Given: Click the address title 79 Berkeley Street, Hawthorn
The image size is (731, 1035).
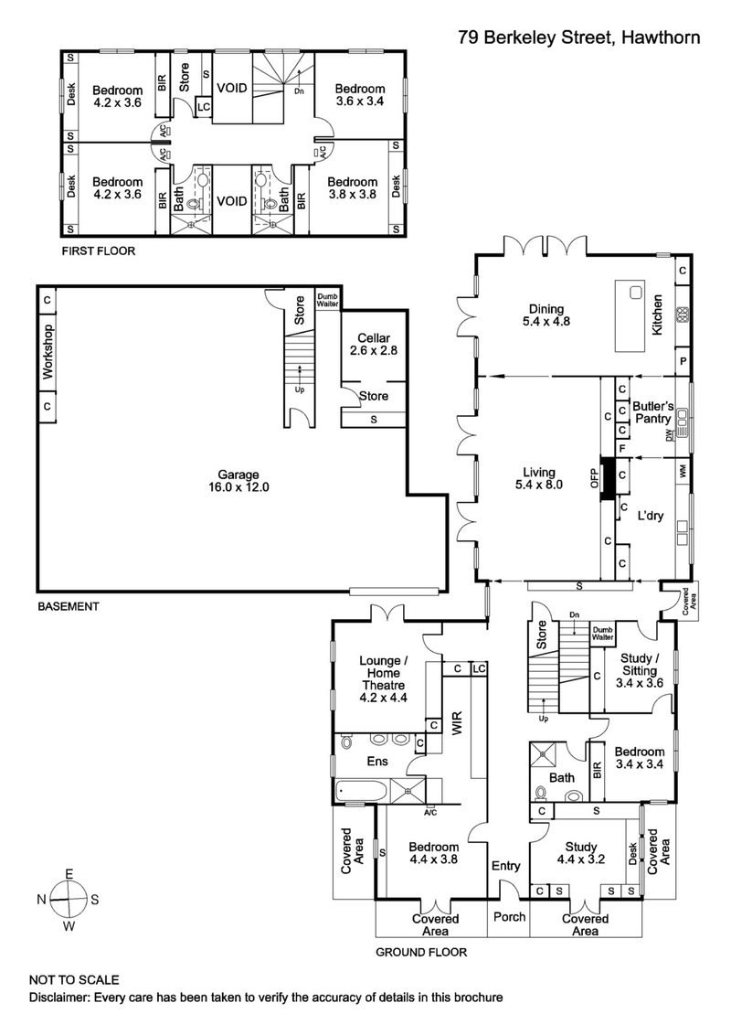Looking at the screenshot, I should (579, 37).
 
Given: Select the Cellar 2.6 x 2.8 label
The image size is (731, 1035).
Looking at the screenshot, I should (374, 344).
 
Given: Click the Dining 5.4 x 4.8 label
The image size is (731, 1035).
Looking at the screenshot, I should (545, 315).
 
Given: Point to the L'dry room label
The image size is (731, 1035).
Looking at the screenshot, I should (651, 516).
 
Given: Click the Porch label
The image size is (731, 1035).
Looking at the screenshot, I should (508, 917).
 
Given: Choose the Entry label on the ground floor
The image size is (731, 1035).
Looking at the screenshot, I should (505, 866).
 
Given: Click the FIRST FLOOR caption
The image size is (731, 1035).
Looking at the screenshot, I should (98, 250).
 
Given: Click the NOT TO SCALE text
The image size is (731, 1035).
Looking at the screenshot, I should (74, 978).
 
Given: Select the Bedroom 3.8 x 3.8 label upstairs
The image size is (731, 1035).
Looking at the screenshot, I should (353, 187).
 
